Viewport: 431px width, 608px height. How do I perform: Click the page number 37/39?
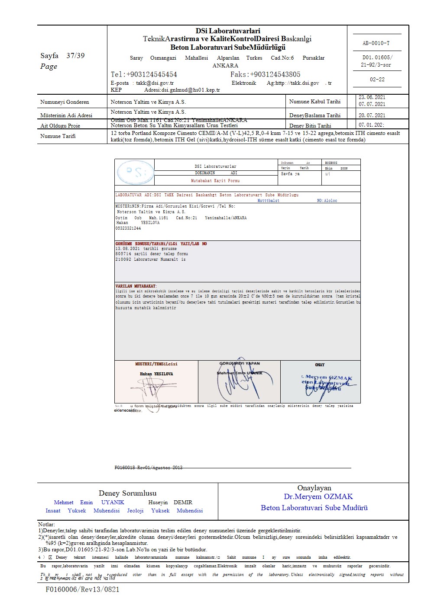tap(75, 56)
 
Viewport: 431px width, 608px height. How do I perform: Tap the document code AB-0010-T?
tap(376, 43)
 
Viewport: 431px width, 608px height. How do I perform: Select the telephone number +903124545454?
tap(144, 74)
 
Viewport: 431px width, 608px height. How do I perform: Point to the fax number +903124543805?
tap(265, 74)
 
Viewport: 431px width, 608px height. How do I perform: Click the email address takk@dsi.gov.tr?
tap(155, 83)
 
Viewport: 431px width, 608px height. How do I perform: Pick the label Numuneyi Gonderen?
tap(65, 102)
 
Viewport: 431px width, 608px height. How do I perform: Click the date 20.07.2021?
tap(372, 115)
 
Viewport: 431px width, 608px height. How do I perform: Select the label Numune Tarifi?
tap(58, 136)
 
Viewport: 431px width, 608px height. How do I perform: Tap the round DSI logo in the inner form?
tap(135, 173)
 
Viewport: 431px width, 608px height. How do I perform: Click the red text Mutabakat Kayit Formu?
tap(215, 181)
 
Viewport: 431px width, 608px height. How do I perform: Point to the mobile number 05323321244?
tap(128, 228)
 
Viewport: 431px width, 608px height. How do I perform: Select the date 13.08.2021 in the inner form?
tap(127, 249)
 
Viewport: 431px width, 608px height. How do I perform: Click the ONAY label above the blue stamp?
tap(320, 365)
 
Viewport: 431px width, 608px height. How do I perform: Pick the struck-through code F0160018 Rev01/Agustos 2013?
tap(149, 467)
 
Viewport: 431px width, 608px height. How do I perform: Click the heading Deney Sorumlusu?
tap(127, 493)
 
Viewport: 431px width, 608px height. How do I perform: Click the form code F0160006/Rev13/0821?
tap(82, 589)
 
